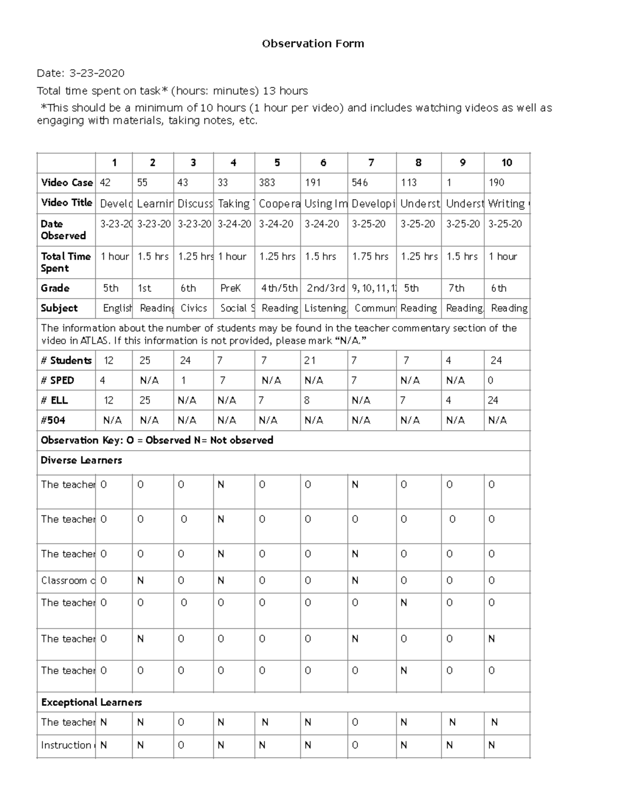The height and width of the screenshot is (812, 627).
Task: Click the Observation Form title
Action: point(312,44)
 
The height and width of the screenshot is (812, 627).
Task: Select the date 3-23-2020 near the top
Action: point(97,73)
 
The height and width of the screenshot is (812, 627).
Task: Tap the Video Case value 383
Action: point(267,182)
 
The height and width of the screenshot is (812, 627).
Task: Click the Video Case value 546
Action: point(359,182)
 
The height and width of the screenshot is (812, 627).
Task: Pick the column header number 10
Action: point(506,163)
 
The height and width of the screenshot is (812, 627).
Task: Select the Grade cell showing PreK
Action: point(230,288)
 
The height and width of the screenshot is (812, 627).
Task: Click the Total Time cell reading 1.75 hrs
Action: point(370,256)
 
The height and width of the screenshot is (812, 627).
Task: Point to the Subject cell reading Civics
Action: point(193,308)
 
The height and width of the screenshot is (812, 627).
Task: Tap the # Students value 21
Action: point(310,360)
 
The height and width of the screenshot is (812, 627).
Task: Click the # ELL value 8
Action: point(307,400)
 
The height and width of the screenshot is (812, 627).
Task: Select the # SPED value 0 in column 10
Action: point(490,380)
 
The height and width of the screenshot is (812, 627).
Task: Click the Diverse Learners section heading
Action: point(81,460)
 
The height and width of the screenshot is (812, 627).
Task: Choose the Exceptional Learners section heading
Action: point(91,702)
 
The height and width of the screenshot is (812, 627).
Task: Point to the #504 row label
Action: point(53,420)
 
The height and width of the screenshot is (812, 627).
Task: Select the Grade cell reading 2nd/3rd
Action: point(326,288)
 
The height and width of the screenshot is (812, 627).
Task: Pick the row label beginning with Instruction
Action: point(67,745)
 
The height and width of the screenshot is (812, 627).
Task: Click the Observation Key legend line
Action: point(157,440)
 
